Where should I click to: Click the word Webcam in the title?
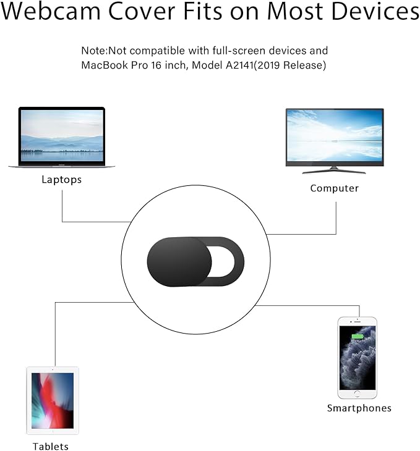pos(51,11)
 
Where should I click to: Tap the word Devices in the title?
pos(375,11)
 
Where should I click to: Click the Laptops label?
pos(62,180)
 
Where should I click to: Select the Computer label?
pos(335,188)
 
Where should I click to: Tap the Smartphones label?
pos(359,408)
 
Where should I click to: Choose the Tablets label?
pos(50,446)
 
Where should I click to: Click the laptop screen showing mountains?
pos(62,135)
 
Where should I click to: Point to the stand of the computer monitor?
pos(334,171)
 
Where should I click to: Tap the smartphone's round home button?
pos(357,394)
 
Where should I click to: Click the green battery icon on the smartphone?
pos(358,336)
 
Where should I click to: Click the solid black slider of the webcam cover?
pos(179,262)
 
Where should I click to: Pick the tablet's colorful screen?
pos(53,401)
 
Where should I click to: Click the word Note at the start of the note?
pos(94,51)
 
